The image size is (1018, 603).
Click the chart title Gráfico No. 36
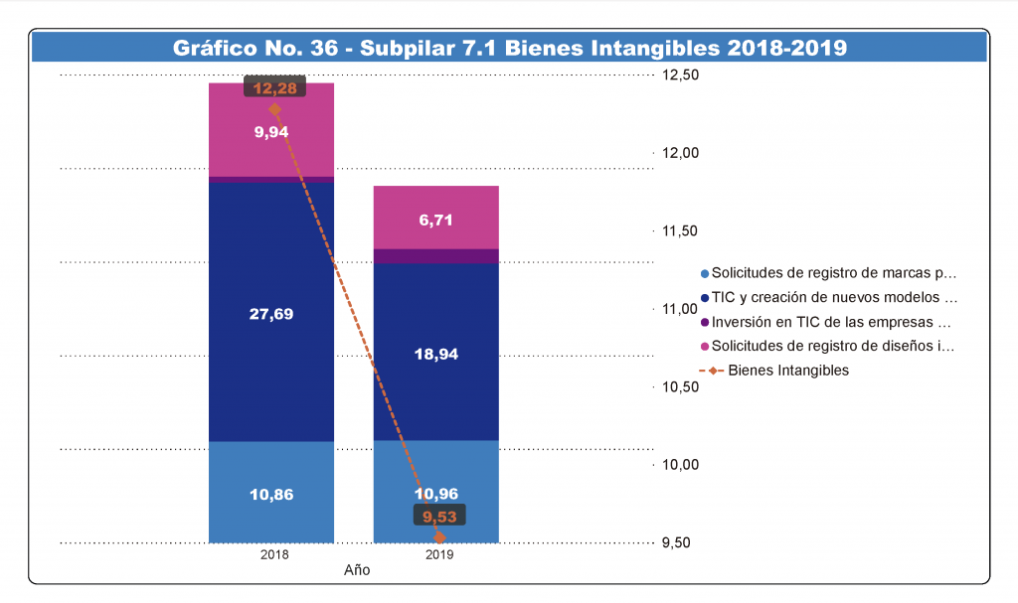[x=509, y=47]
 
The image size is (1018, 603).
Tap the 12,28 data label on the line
[x=274, y=88]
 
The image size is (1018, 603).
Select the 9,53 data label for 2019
[x=439, y=517]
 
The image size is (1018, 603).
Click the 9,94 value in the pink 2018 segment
[x=271, y=131]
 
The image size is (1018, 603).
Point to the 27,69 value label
[x=271, y=314]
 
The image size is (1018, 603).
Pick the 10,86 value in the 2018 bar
[x=271, y=494]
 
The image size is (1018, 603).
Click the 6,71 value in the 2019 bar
[x=436, y=221]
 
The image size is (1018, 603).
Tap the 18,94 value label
[x=436, y=354]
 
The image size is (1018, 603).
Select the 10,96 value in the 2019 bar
[x=436, y=493]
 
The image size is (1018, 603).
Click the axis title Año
[x=356, y=571]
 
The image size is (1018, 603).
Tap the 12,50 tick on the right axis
[x=681, y=75]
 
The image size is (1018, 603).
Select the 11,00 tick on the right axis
[x=681, y=309]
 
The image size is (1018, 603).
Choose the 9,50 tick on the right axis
[x=681, y=542]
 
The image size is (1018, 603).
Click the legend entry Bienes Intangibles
[x=787, y=371]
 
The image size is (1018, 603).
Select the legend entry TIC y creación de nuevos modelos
[x=833, y=297]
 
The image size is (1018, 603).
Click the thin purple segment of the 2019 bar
[x=436, y=256]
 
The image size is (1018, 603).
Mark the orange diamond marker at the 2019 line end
[x=439, y=538]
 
